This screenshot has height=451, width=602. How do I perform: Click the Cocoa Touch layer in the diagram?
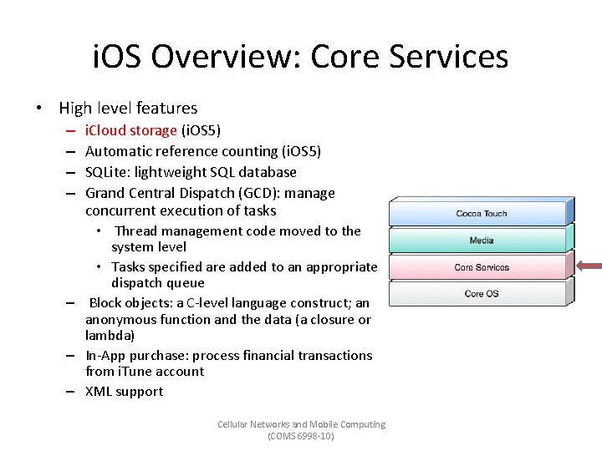(x=482, y=214)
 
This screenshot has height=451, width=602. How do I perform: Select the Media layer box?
(x=482, y=241)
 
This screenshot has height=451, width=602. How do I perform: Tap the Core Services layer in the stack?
(x=482, y=267)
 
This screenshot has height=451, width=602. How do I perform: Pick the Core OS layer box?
(x=482, y=294)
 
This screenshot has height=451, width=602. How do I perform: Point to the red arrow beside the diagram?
(x=589, y=266)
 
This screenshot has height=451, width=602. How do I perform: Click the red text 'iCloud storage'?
(x=131, y=130)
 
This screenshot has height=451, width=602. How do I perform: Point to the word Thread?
(x=136, y=231)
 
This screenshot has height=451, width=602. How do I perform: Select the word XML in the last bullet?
(x=99, y=391)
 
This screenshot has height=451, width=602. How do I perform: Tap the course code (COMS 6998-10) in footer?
(x=301, y=436)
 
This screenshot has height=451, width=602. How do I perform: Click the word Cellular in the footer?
(x=235, y=424)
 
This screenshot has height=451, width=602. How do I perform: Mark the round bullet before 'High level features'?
(x=38, y=108)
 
